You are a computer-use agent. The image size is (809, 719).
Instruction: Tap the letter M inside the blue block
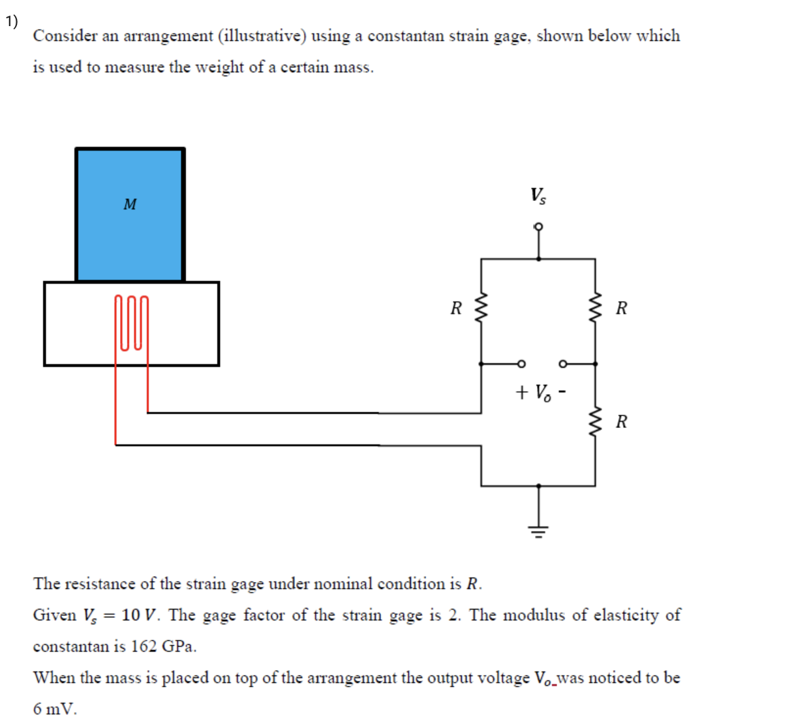tap(130, 205)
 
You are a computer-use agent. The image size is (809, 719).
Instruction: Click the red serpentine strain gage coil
tap(131, 323)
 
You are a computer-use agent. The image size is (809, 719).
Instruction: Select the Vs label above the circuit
tap(538, 195)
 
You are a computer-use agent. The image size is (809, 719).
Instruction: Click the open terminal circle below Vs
tap(538, 227)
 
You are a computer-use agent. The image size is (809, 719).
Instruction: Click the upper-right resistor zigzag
tap(595, 307)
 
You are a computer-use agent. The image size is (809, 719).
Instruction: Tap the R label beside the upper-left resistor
tap(456, 308)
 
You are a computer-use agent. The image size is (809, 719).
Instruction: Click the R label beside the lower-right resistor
tap(621, 421)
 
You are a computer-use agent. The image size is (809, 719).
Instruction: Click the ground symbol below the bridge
tap(538, 530)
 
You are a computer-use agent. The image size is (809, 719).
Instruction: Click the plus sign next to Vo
tap(521, 392)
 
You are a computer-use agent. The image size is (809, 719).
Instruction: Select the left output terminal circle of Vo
tap(521, 363)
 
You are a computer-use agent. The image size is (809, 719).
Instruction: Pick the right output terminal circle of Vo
tap(563, 363)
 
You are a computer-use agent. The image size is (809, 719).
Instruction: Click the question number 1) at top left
tap(12, 22)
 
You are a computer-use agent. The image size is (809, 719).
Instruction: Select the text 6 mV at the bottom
tap(55, 709)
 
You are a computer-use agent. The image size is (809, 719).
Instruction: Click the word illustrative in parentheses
tap(262, 36)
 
